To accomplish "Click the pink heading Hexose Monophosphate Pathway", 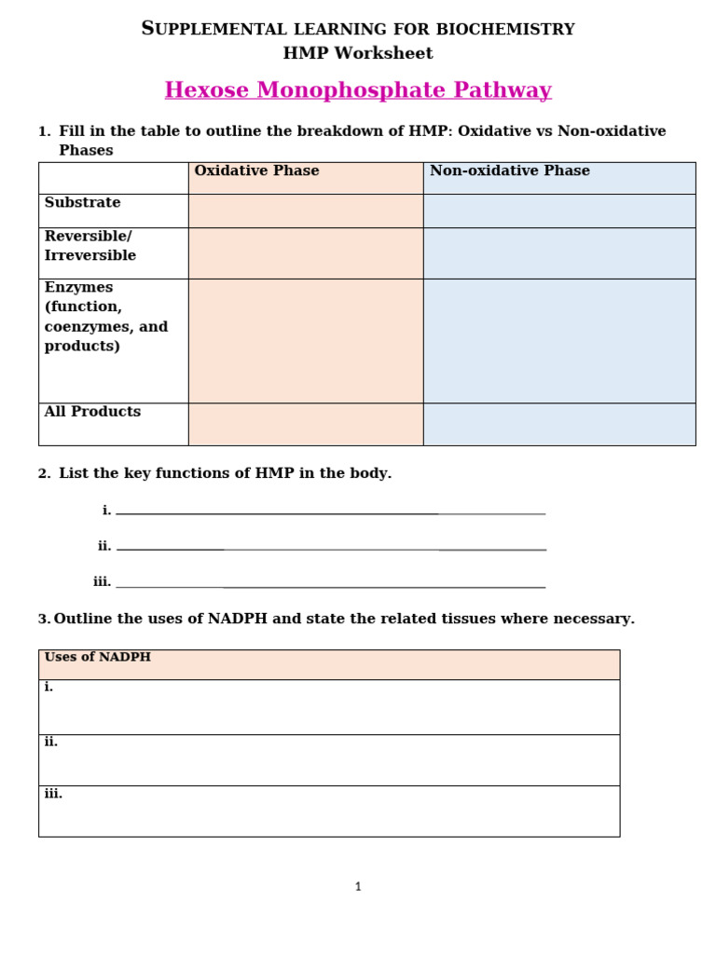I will click(358, 90).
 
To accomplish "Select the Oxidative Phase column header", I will click(256, 171).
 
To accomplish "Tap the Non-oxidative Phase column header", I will click(509, 171).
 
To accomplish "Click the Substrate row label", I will click(82, 203).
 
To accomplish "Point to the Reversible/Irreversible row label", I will click(90, 246).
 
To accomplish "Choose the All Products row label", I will click(92, 412).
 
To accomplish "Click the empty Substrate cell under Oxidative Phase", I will click(306, 211).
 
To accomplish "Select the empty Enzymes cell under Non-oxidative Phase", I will click(559, 341).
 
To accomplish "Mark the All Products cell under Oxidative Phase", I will click(306, 424).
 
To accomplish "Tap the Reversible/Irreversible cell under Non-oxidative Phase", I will click(559, 253).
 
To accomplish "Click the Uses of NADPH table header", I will click(98, 658).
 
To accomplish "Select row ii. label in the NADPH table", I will click(51, 743).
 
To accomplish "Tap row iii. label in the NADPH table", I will click(53, 794).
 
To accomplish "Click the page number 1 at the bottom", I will click(358, 887).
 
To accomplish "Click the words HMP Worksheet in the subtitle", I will click(358, 53).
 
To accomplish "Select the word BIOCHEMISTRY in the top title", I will click(515, 30).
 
